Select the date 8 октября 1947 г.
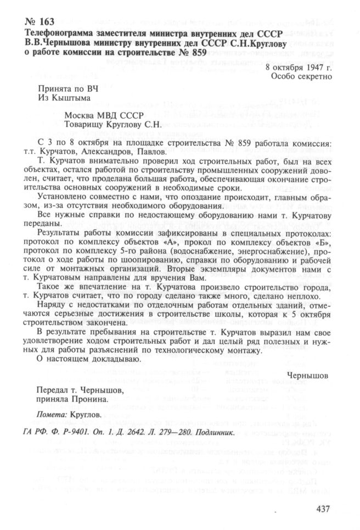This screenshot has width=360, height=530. pos(298,68)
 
